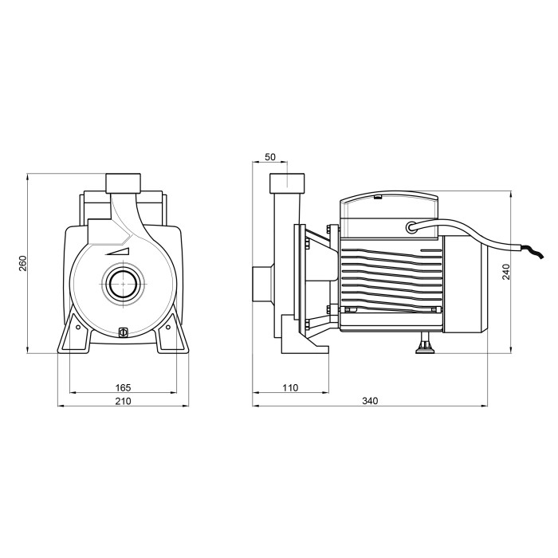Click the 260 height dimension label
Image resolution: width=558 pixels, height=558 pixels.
click(x=22, y=263)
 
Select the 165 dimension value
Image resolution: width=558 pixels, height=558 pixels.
click(x=123, y=387)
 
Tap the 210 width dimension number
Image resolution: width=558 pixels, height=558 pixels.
click(x=123, y=401)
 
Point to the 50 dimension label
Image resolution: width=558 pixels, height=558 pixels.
click(x=270, y=157)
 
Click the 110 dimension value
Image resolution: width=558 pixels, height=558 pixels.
click(x=290, y=387)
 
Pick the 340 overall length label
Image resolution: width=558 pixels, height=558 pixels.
click(x=370, y=401)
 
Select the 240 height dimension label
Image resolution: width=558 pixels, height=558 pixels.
click(x=506, y=272)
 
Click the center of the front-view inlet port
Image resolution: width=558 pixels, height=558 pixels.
click(x=123, y=284)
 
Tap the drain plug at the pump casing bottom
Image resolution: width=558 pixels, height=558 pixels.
click(x=123, y=332)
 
